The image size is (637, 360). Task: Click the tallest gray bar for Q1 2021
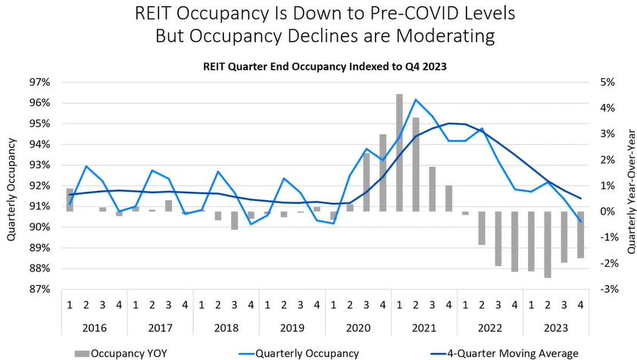coord(399,152)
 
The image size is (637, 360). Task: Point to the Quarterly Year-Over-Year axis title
coord(627,186)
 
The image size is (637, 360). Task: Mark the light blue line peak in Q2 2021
coord(416,99)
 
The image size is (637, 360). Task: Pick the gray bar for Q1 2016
coord(70,199)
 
